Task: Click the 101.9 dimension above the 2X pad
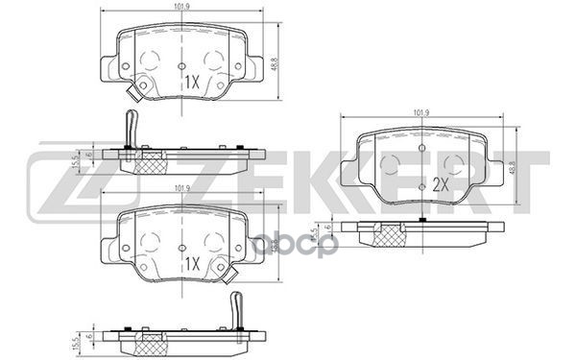point(420,113)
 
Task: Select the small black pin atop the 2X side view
point(423,220)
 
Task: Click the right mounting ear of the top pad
point(257,67)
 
